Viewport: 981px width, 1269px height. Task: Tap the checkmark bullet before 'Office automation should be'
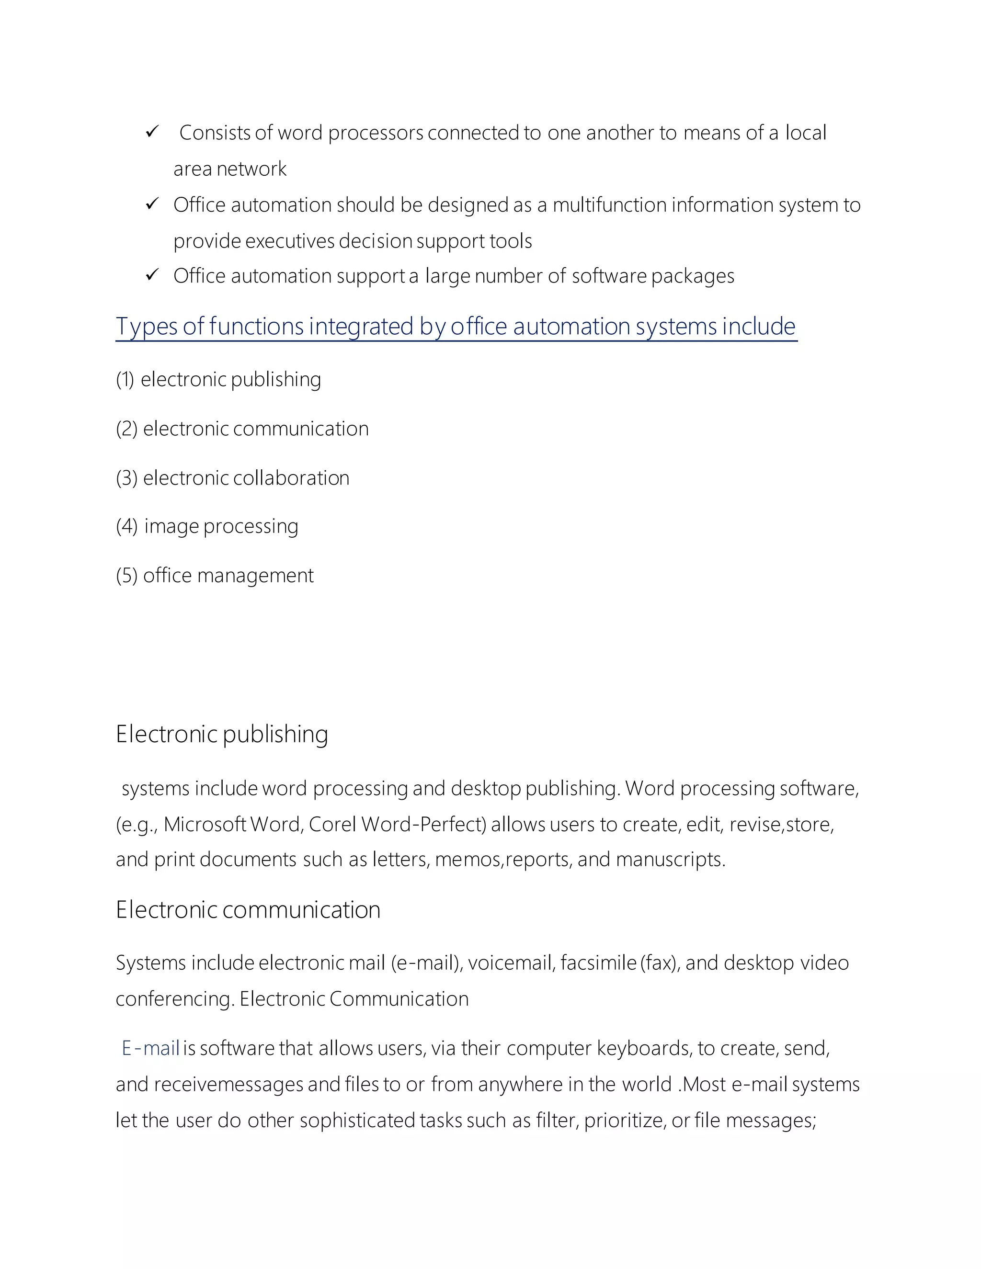[152, 204]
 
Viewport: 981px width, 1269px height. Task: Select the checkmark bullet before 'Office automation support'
[152, 275]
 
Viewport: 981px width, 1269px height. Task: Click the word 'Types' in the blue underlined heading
[147, 327]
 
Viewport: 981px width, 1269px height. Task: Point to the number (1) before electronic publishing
[125, 379]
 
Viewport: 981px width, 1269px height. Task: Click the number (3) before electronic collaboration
[126, 478]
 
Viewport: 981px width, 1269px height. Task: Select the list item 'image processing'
[221, 526]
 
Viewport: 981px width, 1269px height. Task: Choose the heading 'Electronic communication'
[248, 910]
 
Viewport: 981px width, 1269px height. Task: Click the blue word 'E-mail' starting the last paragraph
[150, 1048]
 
